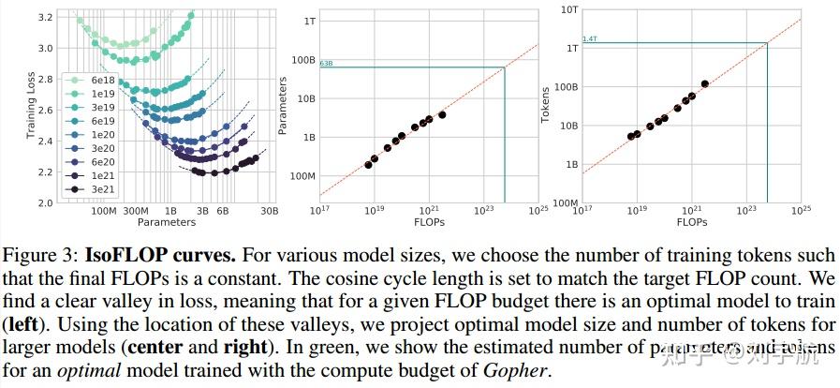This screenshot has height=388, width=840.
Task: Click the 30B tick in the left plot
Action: coord(270,212)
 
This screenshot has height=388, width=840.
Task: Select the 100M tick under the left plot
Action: coord(105,212)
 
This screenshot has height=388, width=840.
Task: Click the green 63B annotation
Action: coord(326,63)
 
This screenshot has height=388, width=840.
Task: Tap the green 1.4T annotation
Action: coord(589,38)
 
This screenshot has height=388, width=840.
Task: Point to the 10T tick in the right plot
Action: coord(569,8)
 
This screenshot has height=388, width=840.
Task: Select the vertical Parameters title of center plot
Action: coord(285,107)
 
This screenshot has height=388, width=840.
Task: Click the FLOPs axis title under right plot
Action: coord(691,223)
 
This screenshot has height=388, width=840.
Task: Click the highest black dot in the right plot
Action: coord(705,83)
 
